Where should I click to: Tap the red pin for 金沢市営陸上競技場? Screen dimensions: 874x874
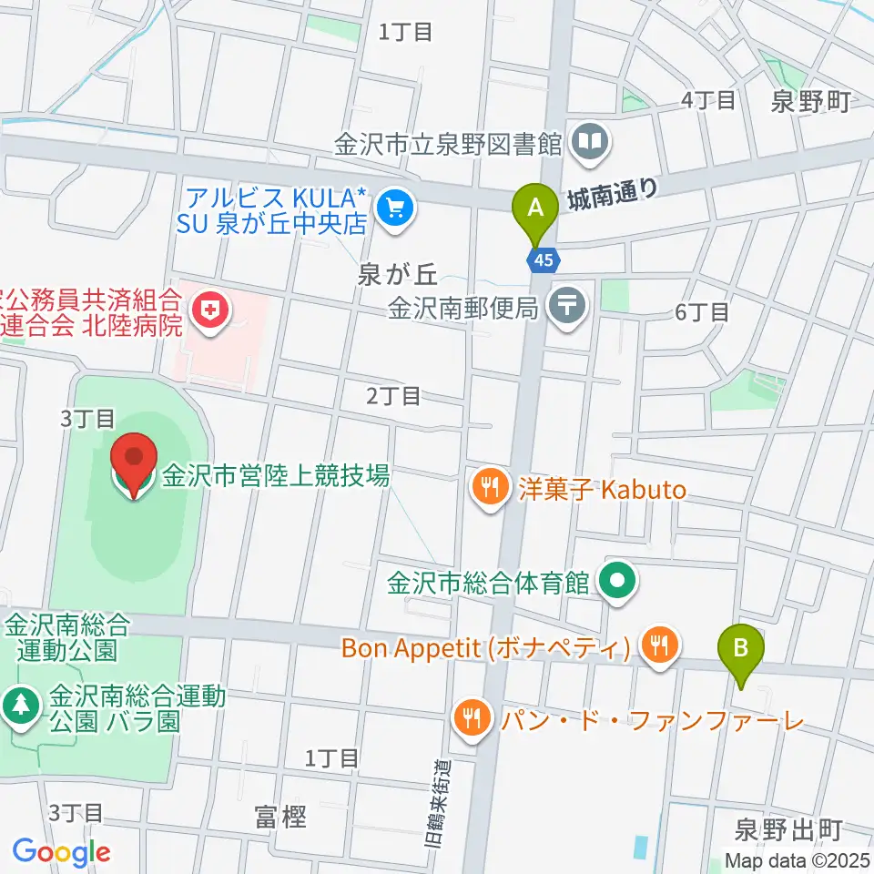pos(135,464)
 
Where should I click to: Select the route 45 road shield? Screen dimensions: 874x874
pos(543,260)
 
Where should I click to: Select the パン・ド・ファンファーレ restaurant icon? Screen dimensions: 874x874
pos(471,720)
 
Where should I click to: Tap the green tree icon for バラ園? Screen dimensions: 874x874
pos(20,704)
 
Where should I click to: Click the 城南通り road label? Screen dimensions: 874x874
pos(612,192)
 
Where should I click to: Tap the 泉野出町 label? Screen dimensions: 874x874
pos(788,829)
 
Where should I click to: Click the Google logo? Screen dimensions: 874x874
pos(61,851)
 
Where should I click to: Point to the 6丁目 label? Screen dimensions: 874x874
pos(702,312)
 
